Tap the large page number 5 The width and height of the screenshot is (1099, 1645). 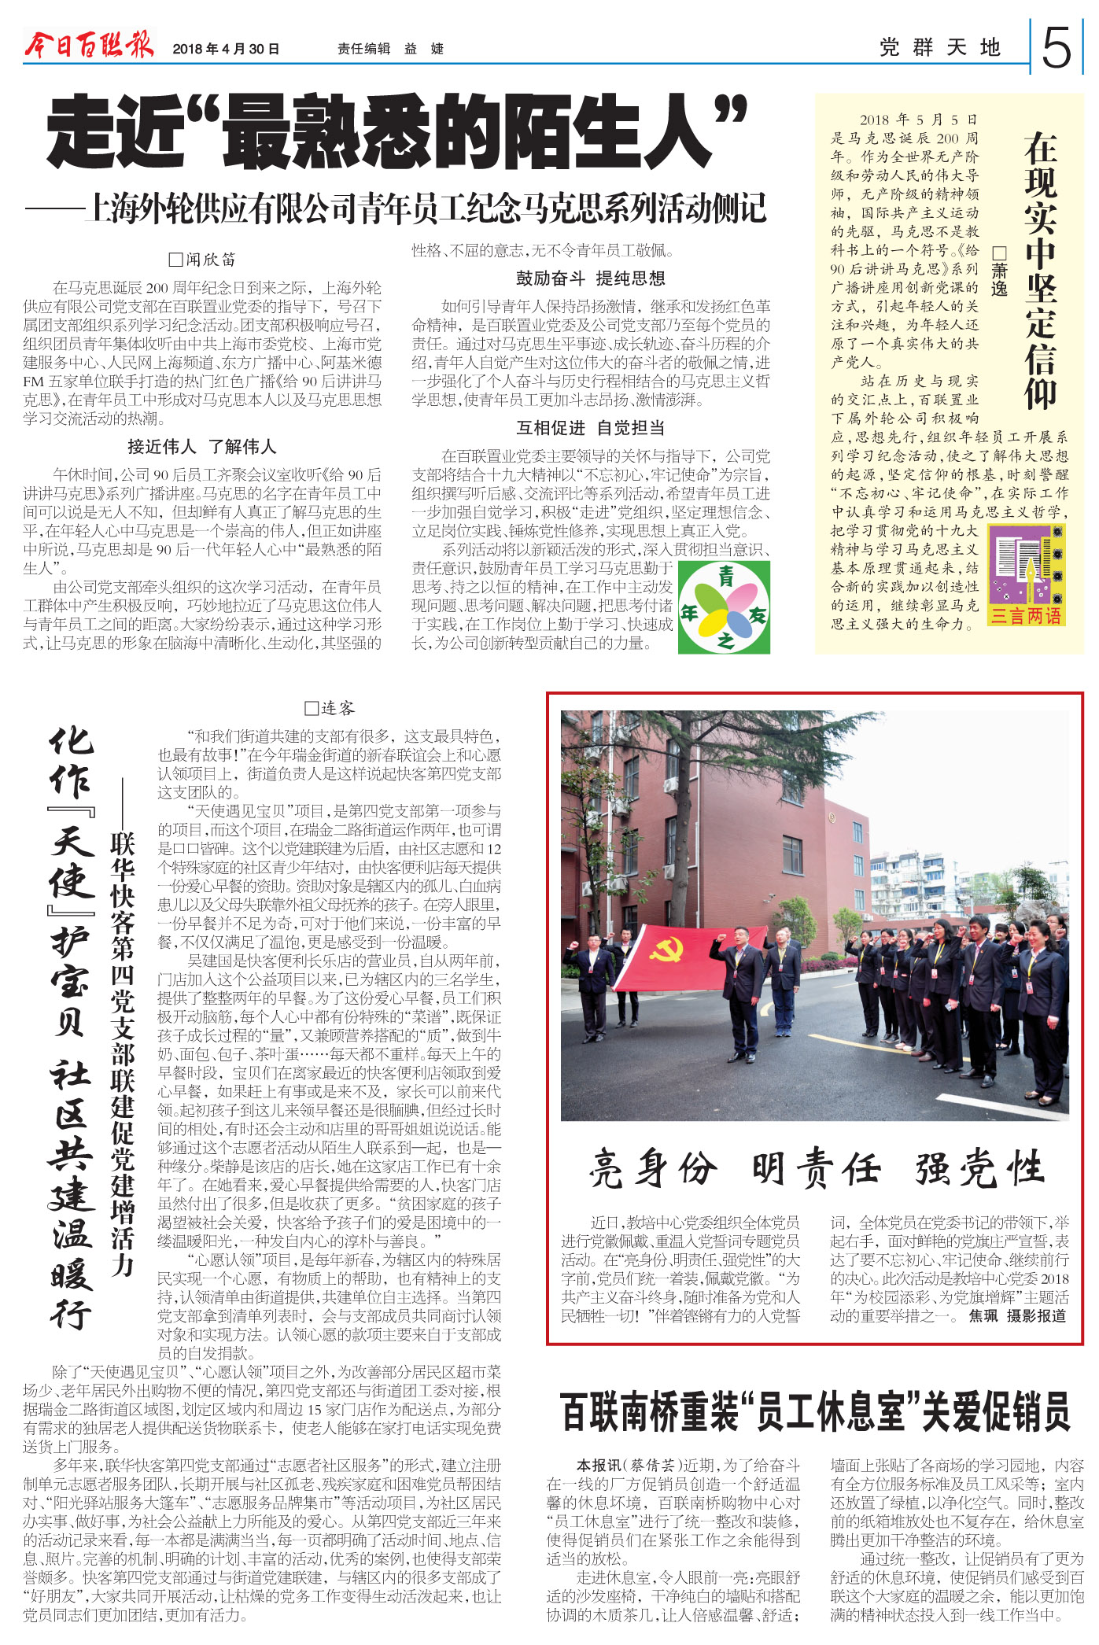pos(1057,48)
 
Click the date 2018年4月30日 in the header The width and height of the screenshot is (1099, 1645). pos(226,49)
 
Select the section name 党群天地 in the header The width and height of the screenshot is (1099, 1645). pos(940,48)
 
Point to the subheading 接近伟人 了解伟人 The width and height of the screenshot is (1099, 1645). pos(202,447)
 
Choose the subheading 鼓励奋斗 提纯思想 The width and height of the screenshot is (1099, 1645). pos(590,278)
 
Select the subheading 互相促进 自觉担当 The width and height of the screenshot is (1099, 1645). pos(590,428)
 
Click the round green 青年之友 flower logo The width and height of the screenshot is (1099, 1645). pos(724,607)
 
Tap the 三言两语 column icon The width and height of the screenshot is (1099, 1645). pos(1026,576)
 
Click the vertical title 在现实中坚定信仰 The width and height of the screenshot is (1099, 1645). pos(1040,271)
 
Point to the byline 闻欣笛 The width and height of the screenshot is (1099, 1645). pos(203,260)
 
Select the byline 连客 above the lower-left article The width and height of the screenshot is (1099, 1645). pos(330,709)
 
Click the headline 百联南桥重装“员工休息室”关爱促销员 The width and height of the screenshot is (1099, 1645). pos(815,1411)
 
